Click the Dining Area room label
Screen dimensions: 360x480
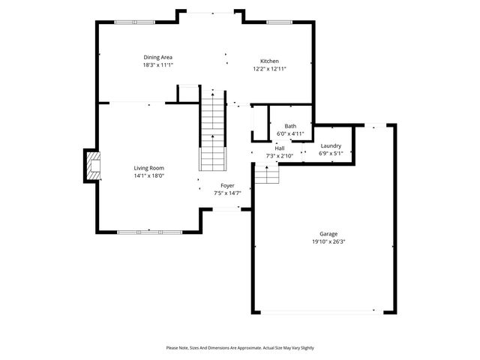(158, 57)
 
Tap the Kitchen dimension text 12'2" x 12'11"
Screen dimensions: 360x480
(269, 69)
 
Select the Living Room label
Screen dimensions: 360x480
(148, 168)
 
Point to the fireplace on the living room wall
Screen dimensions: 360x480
(91, 166)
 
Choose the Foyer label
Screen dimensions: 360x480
(227, 185)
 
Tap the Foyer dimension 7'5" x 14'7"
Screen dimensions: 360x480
(227, 193)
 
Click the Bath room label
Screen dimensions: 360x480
(290, 126)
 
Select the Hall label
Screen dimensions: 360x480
(279, 148)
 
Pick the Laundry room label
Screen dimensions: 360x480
(331, 145)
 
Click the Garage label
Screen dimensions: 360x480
(328, 234)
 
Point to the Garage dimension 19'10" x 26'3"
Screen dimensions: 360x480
(328, 242)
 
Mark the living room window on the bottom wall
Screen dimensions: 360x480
(149, 232)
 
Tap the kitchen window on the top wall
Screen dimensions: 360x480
(278, 22)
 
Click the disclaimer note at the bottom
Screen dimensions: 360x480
(240, 348)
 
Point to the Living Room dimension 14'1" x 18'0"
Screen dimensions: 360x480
(148, 176)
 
